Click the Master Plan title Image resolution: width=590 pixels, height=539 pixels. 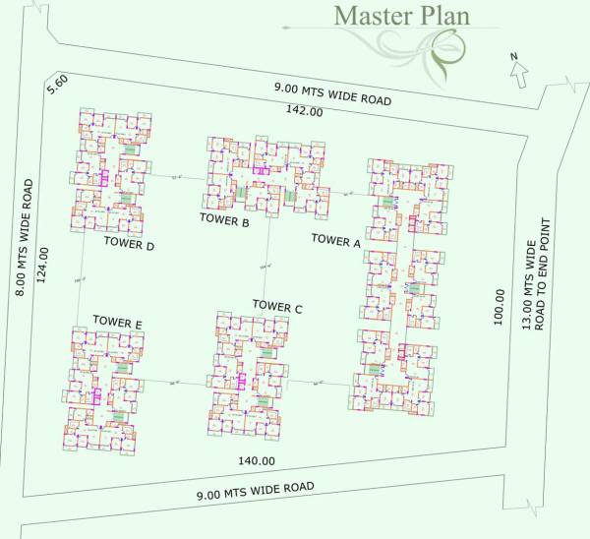coord(402,17)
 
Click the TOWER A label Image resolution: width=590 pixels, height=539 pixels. coord(336,239)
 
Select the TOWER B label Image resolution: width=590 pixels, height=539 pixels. coord(224,220)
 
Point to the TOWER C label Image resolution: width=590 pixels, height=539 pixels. coord(277,307)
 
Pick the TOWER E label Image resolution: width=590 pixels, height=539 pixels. coord(118,321)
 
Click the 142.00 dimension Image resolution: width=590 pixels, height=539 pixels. coord(304,112)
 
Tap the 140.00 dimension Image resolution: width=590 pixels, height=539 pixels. coord(255,460)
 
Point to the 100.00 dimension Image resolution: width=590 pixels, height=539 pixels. coord(500,307)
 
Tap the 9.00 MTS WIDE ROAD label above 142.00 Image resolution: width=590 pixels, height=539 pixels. coord(332,94)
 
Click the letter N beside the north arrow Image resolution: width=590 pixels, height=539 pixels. coord(513,57)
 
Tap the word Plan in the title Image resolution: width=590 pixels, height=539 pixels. coord(442,17)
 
